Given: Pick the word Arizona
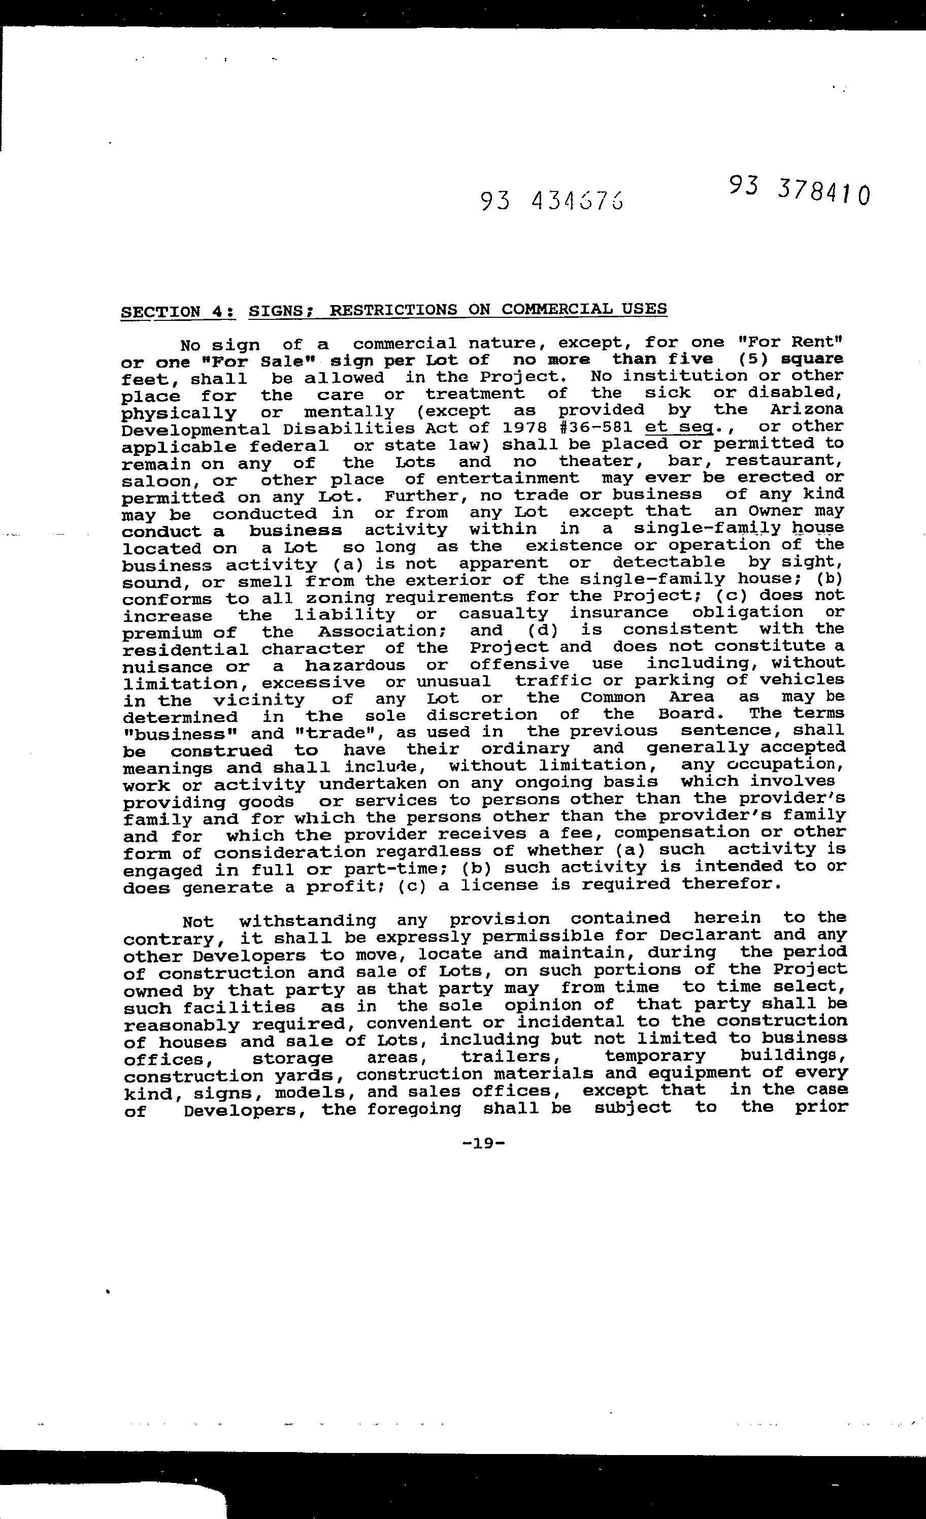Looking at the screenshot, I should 806,409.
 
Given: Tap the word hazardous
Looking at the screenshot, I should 354,666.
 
